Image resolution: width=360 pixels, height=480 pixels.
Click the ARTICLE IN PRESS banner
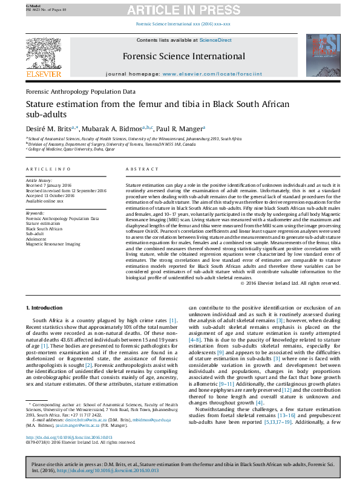180,10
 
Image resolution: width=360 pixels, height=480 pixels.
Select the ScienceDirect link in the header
215,40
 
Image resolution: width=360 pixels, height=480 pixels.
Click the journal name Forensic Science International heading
180,56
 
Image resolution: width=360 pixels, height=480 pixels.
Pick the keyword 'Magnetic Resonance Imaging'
53,244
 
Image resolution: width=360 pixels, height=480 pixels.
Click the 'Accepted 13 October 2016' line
50,195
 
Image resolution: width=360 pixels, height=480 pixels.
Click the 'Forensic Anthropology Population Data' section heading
80,91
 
